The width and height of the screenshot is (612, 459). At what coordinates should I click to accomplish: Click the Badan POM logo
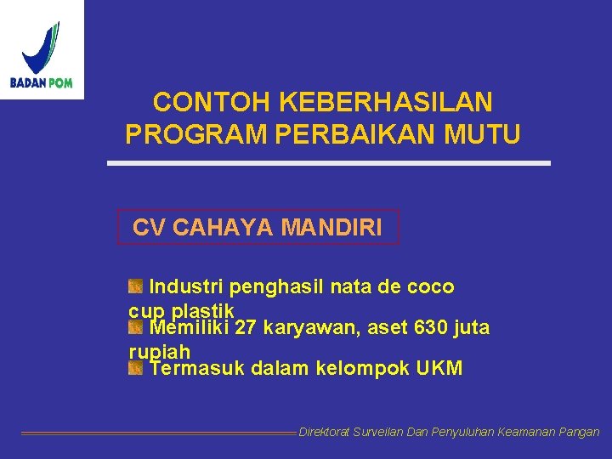42,49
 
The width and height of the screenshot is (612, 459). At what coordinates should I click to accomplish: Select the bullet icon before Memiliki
136,327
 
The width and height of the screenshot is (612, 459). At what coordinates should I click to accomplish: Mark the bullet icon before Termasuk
136,368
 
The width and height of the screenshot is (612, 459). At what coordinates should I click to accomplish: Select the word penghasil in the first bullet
270,286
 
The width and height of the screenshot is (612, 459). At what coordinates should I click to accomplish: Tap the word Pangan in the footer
580,433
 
